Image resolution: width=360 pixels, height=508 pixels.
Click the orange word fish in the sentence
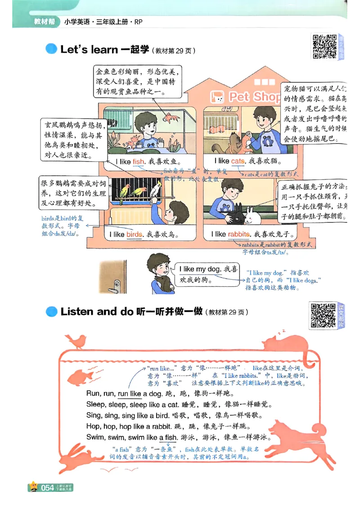click(138, 161)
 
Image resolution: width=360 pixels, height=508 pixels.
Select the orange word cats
click(238, 161)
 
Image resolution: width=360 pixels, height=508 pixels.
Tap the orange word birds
click(134, 234)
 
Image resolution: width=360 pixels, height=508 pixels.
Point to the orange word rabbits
click(238, 234)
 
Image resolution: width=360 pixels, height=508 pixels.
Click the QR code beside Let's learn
click(325, 47)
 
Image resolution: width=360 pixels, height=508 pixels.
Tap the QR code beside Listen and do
click(323, 315)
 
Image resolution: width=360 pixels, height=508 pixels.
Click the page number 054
click(48, 487)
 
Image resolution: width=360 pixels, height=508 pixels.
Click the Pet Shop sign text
click(254, 97)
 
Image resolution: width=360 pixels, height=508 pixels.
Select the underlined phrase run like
click(130, 394)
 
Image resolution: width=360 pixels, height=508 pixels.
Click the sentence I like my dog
click(200, 269)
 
